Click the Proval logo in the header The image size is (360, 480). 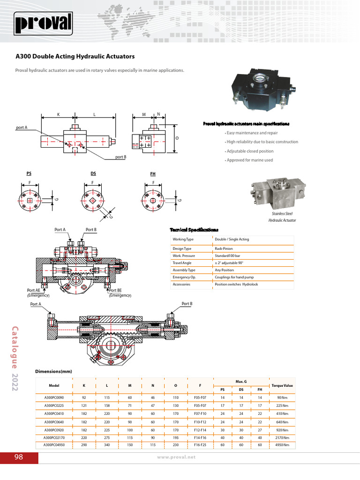(x=43, y=22)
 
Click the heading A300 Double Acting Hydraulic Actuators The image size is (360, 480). (x=75, y=56)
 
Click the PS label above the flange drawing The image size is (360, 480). (x=29, y=174)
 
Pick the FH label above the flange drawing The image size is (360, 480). (x=153, y=174)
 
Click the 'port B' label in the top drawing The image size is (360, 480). (x=121, y=157)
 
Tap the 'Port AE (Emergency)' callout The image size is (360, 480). (x=38, y=293)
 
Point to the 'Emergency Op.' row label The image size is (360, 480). (x=184, y=277)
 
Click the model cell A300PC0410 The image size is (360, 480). (x=54, y=414)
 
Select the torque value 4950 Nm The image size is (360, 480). (x=282, y=444)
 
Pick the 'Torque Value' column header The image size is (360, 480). (x=282, y=386)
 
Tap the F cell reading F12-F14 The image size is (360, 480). (x=200, y=429)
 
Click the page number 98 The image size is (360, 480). (x=19, y=457)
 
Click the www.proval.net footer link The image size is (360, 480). (x=176, y=457)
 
